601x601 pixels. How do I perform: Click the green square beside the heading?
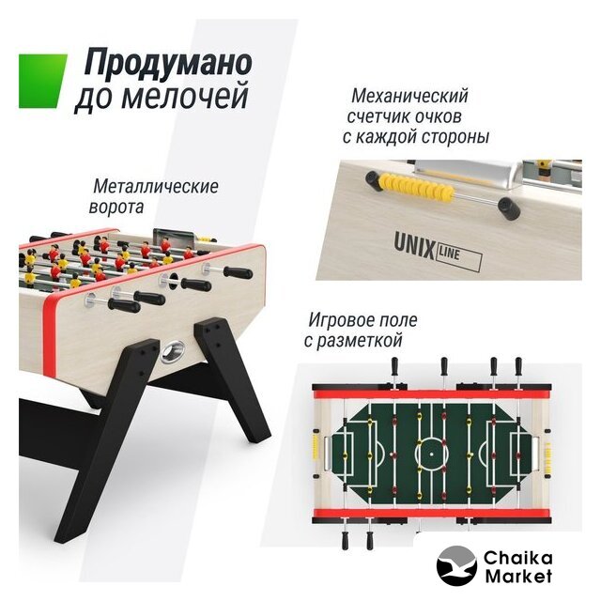(43, 81)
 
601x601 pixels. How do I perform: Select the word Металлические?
(156, 187)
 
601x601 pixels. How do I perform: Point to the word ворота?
(116, 208)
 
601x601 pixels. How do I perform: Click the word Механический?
(409, 96)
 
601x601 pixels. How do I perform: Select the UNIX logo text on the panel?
(414, 246)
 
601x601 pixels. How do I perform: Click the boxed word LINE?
(457, 256)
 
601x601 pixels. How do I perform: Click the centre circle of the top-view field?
(432, 455)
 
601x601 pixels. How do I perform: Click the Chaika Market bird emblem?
(456, 565)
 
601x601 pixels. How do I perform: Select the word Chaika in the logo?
(517, 558)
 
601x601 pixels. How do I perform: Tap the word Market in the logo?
(518, 576)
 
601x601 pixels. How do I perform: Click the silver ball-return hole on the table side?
(173, 351)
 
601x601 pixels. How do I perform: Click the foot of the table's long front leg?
(66, 533)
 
